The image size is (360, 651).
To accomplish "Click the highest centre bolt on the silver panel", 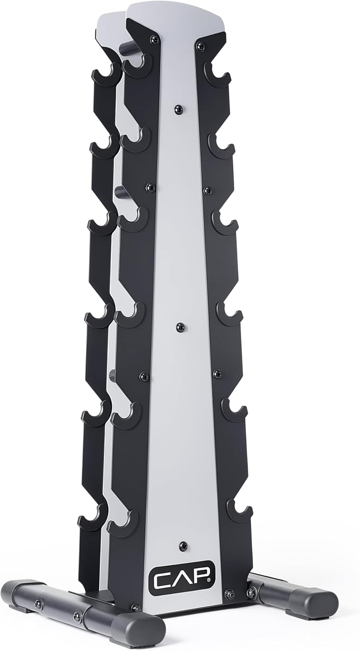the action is pyautogui.click(x=178, y=109).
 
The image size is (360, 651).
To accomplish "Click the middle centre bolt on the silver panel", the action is pyautogui.click(x=180, y=327).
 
